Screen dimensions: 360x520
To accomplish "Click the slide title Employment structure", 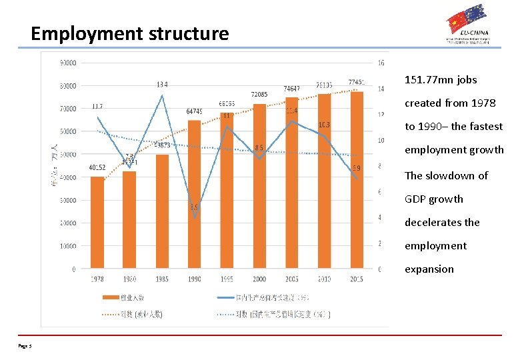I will click(129, 33).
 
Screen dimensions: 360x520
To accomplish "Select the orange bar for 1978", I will click(98, 223).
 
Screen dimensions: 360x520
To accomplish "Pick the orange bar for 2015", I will click(356, 180).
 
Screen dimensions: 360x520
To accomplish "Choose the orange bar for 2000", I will click(259, 187).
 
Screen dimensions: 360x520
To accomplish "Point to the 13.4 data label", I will click(162, 85).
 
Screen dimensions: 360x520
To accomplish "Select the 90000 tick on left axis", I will click(68, 63).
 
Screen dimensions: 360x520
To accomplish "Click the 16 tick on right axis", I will click(381, 63).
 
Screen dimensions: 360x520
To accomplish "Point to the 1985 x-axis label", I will click(162, 279).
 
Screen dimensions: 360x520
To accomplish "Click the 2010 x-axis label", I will click(324, 279).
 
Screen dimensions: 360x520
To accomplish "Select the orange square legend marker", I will click(107, 297).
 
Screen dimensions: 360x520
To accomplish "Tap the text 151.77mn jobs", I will click(441, 80).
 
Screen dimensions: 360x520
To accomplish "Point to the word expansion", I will click(429, 269).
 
